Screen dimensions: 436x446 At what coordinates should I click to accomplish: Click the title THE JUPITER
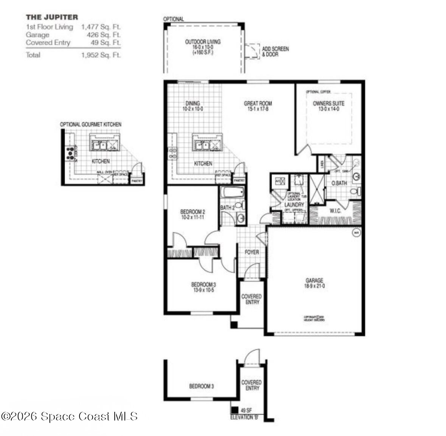(52, 17)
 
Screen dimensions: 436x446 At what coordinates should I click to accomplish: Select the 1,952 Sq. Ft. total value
(101, 55)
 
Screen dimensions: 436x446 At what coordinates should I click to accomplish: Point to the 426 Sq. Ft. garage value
(104, 35)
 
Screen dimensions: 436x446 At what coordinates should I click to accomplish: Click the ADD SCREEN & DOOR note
(275, 51)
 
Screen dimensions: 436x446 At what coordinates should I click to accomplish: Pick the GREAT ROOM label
(258, 103)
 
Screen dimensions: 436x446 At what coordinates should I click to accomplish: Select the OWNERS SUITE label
(328, 103)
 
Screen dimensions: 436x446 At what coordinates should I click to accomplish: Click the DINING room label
(193, 103)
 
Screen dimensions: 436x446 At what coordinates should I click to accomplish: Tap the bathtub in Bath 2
(231, 193)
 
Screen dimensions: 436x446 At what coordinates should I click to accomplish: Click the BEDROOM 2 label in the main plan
(193, 212)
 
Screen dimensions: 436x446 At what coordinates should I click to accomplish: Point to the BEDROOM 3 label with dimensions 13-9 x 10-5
(203, 284)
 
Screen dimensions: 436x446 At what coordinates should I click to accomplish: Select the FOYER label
(252, 252)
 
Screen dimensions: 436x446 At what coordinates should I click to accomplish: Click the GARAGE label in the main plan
(314, 281)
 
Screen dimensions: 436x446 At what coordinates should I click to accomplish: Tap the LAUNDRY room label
(294, 205)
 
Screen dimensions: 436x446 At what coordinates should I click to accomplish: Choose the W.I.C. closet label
(335, 211)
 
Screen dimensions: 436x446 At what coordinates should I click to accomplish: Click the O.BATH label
(339, 183)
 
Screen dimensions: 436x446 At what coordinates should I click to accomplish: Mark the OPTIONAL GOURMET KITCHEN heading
(90, 124)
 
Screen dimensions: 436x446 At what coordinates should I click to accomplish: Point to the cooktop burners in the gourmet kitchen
(70, 153)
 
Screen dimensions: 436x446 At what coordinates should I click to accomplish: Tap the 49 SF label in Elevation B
(246, 410)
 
